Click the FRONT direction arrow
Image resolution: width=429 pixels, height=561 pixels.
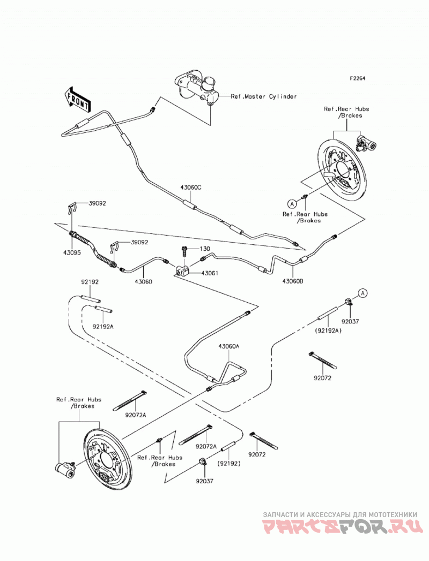(77, 99)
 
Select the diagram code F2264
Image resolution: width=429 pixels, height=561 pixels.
(357, 78)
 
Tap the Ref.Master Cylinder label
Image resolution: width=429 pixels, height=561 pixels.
(263, 96)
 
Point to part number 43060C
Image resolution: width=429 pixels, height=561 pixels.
(190, 188)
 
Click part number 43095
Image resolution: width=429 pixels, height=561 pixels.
(73, 252)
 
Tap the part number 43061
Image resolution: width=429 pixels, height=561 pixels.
(210, 273)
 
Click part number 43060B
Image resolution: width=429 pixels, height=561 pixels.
(293, 281)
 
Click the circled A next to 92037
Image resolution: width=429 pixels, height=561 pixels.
(363, 294)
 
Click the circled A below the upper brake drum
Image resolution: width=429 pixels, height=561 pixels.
(292, 204)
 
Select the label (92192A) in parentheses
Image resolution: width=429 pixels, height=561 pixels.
(328, 331)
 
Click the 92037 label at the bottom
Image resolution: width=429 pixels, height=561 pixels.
(204, 481)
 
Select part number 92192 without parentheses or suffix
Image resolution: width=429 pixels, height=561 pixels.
(90, 282)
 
